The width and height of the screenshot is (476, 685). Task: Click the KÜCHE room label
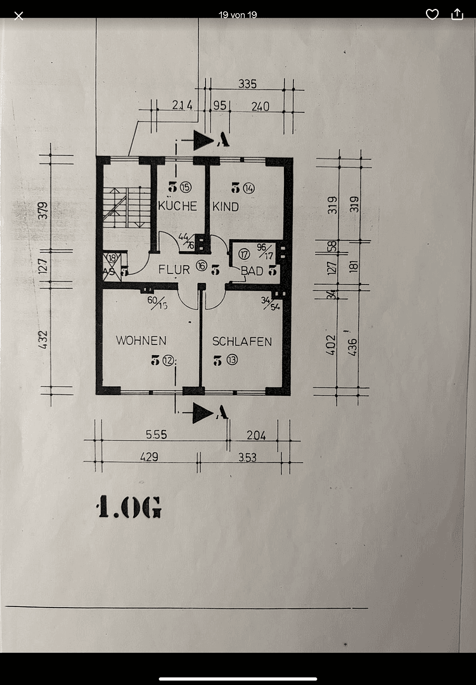(x=177, y=206)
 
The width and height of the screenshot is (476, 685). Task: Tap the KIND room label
(x=226, y=206)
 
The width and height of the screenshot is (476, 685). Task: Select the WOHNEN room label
(x=141, y=341)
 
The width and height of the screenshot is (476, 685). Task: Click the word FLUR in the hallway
(x=174, y=270)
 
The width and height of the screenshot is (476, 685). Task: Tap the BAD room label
(x=252, y=271)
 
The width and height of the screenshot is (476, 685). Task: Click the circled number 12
(x=167, y=361)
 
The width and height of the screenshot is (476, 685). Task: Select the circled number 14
(x=248, y=188)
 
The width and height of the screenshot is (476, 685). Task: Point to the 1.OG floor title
(x=129, y=508)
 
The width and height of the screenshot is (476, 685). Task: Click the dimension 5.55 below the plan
(x=155, y=435)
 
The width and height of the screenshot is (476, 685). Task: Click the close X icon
(x=19, y=15)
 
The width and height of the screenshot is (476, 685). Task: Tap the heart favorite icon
(x=432, y=15)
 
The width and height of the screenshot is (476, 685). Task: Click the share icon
(x=457, y=15)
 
